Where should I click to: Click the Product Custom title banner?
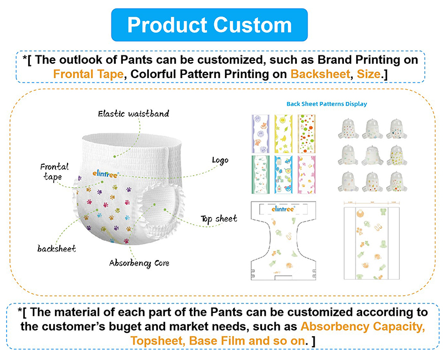(209, 24)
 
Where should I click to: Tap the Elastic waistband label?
(133, 114)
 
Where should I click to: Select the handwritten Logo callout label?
(220, 160)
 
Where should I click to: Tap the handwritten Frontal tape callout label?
(54, 171)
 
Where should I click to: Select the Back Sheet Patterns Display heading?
(326, 104)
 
